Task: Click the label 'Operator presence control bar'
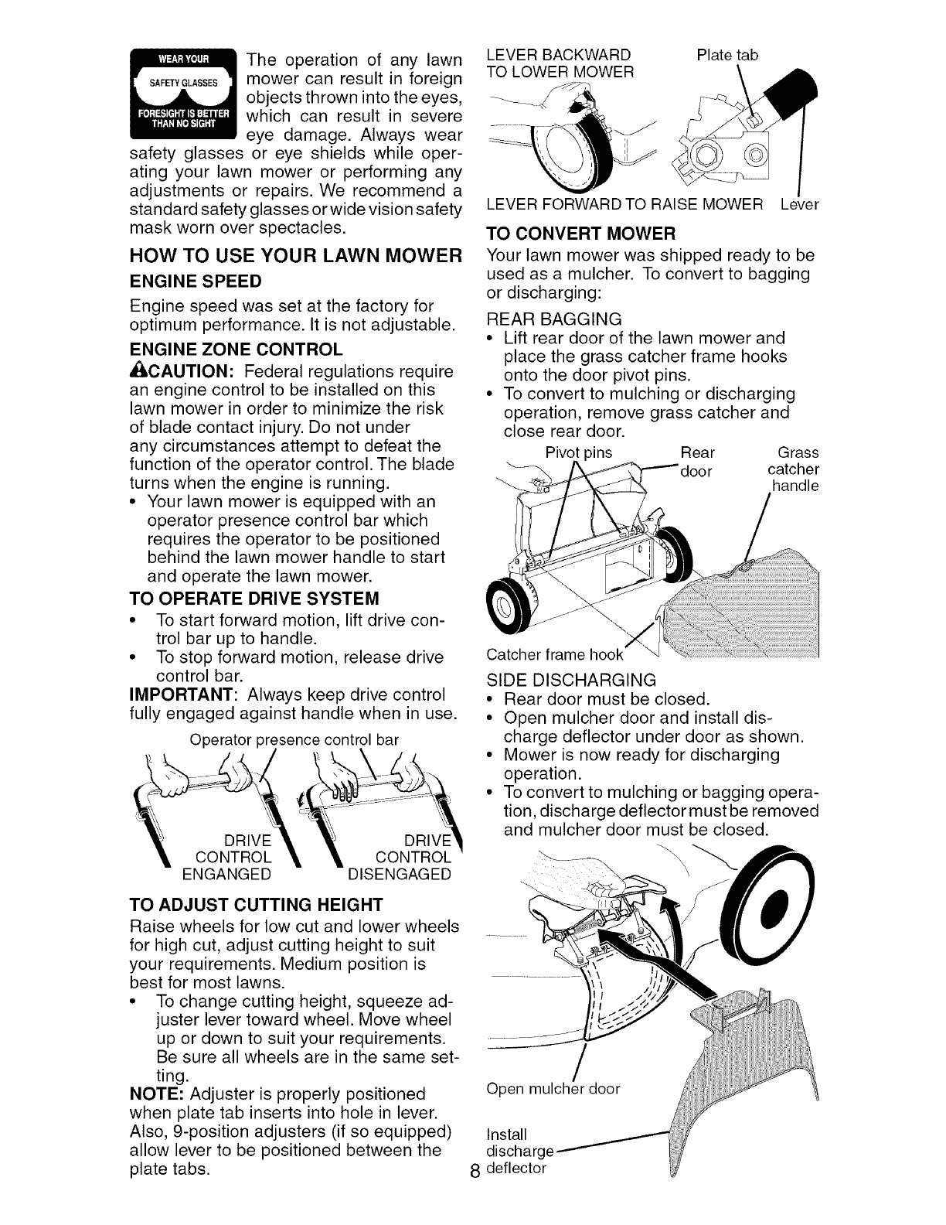[294, 739]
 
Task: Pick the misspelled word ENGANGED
[226, 875]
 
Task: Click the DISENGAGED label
[400, 875]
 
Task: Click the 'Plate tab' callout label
[727, 55]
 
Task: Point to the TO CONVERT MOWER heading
[581, 233]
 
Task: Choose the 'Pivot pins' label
[579, 452]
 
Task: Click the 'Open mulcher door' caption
[553, 1090]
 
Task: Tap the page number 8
[475, 1191]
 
